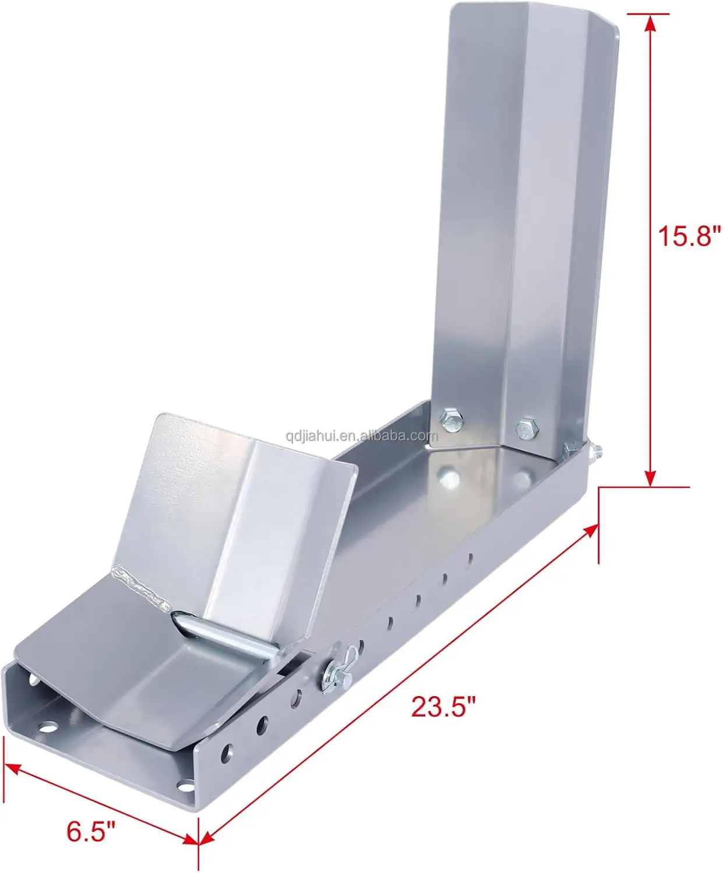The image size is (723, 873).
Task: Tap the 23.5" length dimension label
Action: coord(443,707)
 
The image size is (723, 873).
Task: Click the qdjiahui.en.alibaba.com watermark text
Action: coord(361,436)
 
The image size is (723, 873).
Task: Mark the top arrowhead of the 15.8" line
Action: coord(650,22)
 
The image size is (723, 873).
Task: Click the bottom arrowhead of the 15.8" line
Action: coord(650,477)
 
